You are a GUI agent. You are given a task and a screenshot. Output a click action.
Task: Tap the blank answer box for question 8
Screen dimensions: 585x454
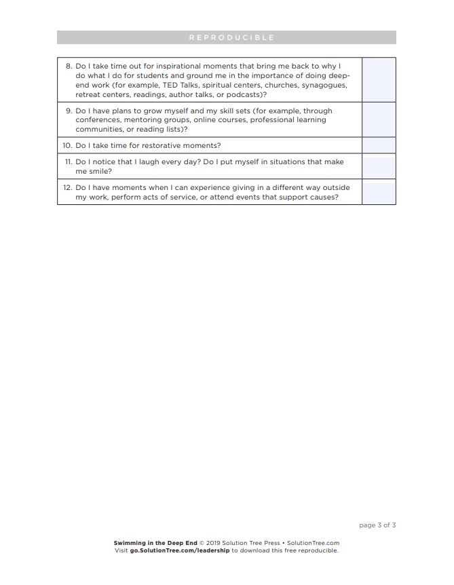379,79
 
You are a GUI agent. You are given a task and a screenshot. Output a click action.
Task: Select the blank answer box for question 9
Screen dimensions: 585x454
379,119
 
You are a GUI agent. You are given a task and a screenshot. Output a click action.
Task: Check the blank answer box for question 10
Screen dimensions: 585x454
379,145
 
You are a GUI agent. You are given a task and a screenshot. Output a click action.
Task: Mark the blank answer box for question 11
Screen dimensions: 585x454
379,166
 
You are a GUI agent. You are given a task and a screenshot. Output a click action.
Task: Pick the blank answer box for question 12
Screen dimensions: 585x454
379,192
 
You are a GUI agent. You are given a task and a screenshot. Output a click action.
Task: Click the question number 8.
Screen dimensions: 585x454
69,67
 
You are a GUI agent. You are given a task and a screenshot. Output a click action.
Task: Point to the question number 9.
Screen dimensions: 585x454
69,111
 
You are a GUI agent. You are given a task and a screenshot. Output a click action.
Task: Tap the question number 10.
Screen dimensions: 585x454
67,145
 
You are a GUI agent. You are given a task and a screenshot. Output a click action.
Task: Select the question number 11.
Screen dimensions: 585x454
67,162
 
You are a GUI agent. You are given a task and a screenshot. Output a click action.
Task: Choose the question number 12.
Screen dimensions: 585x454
67,187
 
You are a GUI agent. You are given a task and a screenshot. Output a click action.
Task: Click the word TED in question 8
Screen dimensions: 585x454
170,86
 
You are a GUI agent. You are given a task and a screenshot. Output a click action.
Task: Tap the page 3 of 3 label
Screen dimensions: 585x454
377,525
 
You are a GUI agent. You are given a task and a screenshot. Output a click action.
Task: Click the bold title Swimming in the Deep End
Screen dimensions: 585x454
155,543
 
